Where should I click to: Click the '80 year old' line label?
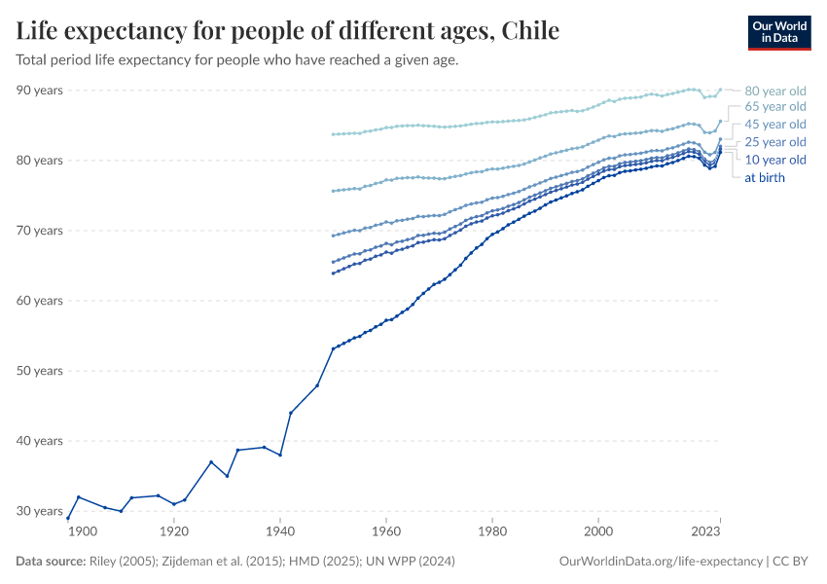[x=774, y=91]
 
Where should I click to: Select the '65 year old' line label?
[x=774, y=107]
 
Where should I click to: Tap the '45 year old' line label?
[x=774, y=125]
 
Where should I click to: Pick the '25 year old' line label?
[x=774, y=142]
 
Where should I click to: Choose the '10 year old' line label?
[x=774, y=160]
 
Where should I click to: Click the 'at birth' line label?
[x=765, y=177]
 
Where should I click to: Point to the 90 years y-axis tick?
[x=40, y=91]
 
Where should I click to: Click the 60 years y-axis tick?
[x=40, y=301]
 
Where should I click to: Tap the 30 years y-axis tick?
[x=40, y=511]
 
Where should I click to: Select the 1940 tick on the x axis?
[x=280, y=532]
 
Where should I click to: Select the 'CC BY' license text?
[x=793, y=562]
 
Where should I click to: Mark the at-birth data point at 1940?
[x=280, y=455]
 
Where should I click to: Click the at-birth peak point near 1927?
[x=211, y=461]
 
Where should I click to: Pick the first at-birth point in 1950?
[x=333, y=348]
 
